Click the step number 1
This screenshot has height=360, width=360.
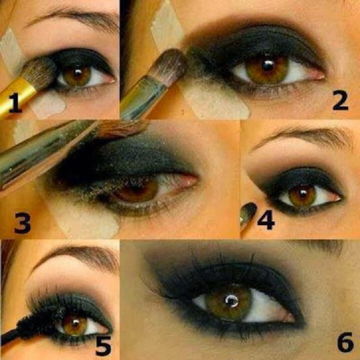click(15, 102)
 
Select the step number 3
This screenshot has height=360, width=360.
click(22, 223)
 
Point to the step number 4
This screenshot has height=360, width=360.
click(266, 220)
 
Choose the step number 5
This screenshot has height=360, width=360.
click(103, 346)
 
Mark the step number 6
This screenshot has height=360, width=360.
click(345, 342)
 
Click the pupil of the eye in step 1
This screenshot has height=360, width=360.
click(78, 73)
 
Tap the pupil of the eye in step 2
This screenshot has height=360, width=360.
click(268, 65)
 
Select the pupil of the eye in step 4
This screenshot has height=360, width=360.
click(303, 194)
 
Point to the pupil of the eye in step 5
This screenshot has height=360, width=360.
click(75, 323)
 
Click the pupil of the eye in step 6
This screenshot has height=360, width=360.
click(232, 300)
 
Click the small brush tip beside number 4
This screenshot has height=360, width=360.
click(247, 213)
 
